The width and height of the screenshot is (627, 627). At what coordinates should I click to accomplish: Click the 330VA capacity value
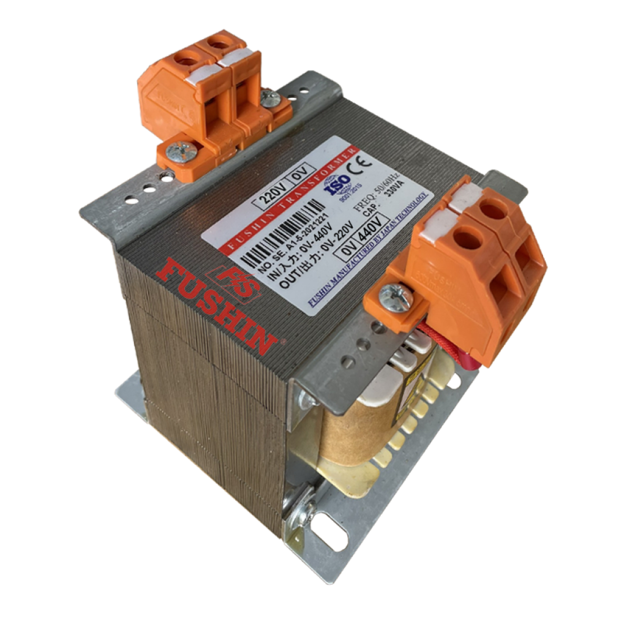[399, 198]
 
